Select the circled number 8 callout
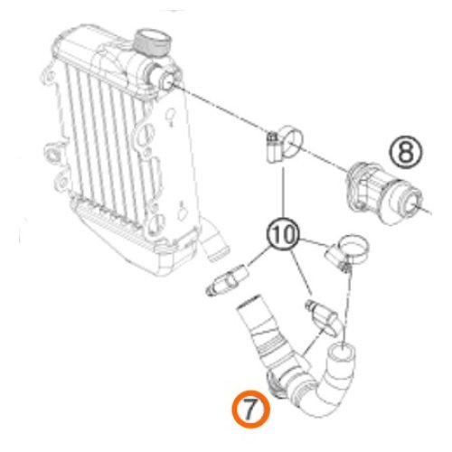click(406, 150)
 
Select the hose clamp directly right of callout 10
click(349, 250)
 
